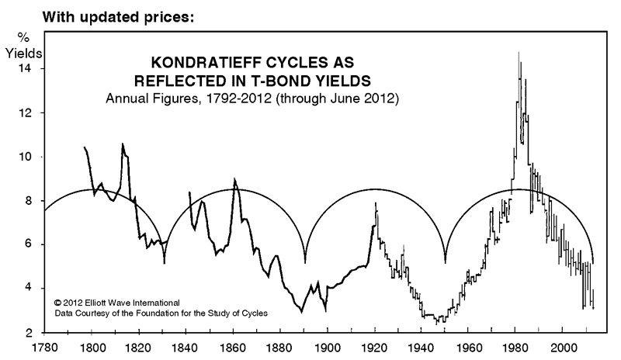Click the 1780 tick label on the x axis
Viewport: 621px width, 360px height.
45,348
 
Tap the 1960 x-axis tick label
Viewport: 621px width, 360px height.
470,348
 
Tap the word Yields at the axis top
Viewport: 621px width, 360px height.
26,54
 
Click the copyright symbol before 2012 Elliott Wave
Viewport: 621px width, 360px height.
57,302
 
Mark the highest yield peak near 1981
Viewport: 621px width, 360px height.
518,52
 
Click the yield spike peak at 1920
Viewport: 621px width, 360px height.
376,203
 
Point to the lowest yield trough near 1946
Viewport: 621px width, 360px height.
439,323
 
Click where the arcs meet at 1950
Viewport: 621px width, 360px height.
446,262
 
